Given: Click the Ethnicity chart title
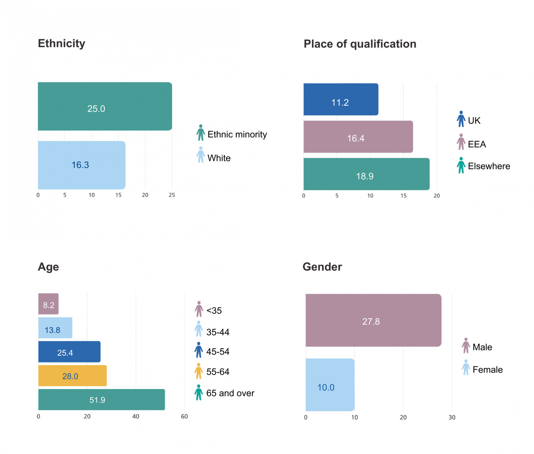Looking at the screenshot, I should click(x=62, y=43).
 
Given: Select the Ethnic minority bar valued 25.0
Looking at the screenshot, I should click(x=105, y=106).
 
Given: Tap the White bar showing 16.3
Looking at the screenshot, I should click(x=82, y=165).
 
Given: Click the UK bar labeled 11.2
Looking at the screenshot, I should click(x=340, y=99).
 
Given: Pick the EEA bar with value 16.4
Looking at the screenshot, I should click(x=358, y=137).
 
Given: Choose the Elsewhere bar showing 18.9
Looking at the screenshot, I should click(x=366, y=174).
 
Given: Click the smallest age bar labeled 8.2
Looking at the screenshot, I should click(x=49, y=304).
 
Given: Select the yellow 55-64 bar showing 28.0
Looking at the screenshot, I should click(x=72, y=376).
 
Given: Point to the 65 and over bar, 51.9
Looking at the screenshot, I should click(x=101, y=399).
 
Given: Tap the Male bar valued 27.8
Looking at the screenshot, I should click(x=373, y=320).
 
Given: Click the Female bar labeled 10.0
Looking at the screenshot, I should click(x=330, y=385).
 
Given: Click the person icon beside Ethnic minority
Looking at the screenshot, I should click(x=201, y=133).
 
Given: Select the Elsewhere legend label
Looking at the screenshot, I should click(x=489, y=166).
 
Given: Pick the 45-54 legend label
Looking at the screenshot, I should click(x=218, y=352).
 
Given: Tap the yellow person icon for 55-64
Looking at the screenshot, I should click(x=199, y=371).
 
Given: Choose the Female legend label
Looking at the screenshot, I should click(x=487, y=370).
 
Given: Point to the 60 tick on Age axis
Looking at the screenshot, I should click(x=184, y=417).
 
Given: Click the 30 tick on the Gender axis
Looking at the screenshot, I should click(x=452, y=418).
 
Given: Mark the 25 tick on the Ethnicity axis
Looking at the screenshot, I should click(x=172, y=195).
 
